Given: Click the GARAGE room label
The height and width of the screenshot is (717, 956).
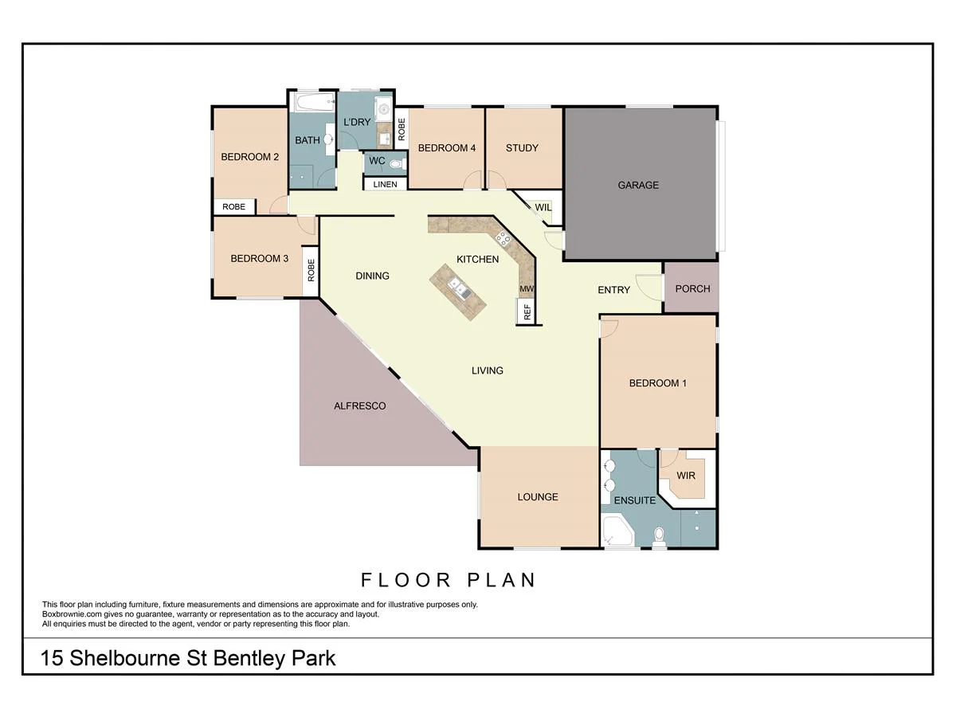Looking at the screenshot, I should tap(638, 185).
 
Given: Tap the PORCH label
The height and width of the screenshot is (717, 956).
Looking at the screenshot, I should tap(692, 288).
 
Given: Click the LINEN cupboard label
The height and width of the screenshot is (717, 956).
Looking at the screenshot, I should tap(385, 185).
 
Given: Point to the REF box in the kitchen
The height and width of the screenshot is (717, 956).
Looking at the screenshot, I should tap(527, 312).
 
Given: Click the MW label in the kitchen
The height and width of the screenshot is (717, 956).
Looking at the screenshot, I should tap(526, 288).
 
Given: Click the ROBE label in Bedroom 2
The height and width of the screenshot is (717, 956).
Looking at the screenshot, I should tap(233, 207).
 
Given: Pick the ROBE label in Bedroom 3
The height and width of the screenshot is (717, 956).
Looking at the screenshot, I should tap(311, 271).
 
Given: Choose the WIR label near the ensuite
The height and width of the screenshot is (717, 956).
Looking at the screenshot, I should tap(685, 476).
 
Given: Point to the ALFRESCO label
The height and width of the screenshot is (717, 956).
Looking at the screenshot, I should tap(359, 406).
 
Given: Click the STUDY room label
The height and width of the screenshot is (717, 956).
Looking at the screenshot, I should tap(522, 147).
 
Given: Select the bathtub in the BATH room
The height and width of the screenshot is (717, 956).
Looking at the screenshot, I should tap(311, 103).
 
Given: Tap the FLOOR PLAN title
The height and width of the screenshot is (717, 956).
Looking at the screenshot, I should tap(449, 580).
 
